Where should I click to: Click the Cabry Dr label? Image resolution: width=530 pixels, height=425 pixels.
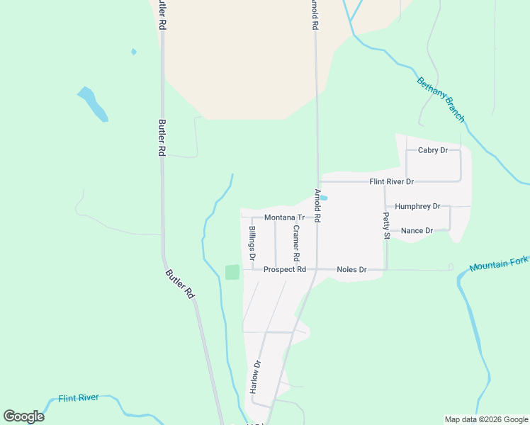[x=433, y=150]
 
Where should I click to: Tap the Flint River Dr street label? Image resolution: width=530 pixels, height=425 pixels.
[x=391, y=182]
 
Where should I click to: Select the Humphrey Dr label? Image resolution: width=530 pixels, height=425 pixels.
[x=417, y=206]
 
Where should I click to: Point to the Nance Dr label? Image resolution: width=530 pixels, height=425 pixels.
[x=417, y=231]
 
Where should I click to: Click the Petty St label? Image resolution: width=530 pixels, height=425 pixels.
[x=387, y=225]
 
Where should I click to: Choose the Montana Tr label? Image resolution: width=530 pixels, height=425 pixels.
[x=284, y=218]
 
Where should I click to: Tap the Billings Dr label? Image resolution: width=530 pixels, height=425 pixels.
[x=252, y=242]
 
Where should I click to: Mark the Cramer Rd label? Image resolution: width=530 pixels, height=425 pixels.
[x=296, y=242]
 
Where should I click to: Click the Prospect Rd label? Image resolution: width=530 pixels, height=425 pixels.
[x=284, y=270]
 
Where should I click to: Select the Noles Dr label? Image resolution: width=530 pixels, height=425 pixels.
[x=351, y=270]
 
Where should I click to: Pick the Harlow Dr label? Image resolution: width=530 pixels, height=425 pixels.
[x=255, y=377]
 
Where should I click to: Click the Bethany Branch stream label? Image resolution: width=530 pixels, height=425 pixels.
[x=441, y=99]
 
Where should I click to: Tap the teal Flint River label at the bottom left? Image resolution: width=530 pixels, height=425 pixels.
[x=79, y=398]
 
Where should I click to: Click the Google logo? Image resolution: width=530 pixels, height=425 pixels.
[x=24, y=416]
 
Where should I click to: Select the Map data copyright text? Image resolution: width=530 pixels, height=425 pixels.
[x=485, y=419]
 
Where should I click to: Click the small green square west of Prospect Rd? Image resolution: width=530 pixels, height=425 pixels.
[x=232, y=272]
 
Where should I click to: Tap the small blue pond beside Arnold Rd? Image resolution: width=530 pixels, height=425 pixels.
[x=323, y=198]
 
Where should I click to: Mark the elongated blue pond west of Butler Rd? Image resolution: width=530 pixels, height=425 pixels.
[x=93, y=103]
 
